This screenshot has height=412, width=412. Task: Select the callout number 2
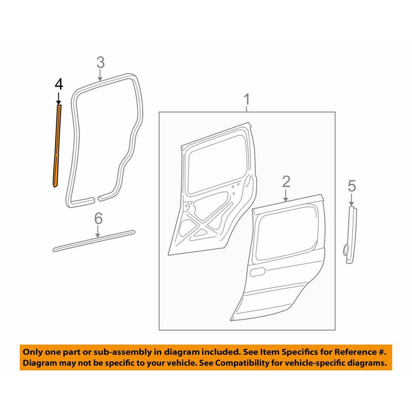click(x=286, y=181)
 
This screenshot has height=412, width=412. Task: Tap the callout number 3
click(x=100, y=63)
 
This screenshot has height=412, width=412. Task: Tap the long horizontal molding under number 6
click(x=94, y=241)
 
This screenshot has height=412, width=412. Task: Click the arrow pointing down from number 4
click(x=58, y=98)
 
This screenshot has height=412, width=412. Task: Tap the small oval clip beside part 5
click(x=344, y=250)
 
